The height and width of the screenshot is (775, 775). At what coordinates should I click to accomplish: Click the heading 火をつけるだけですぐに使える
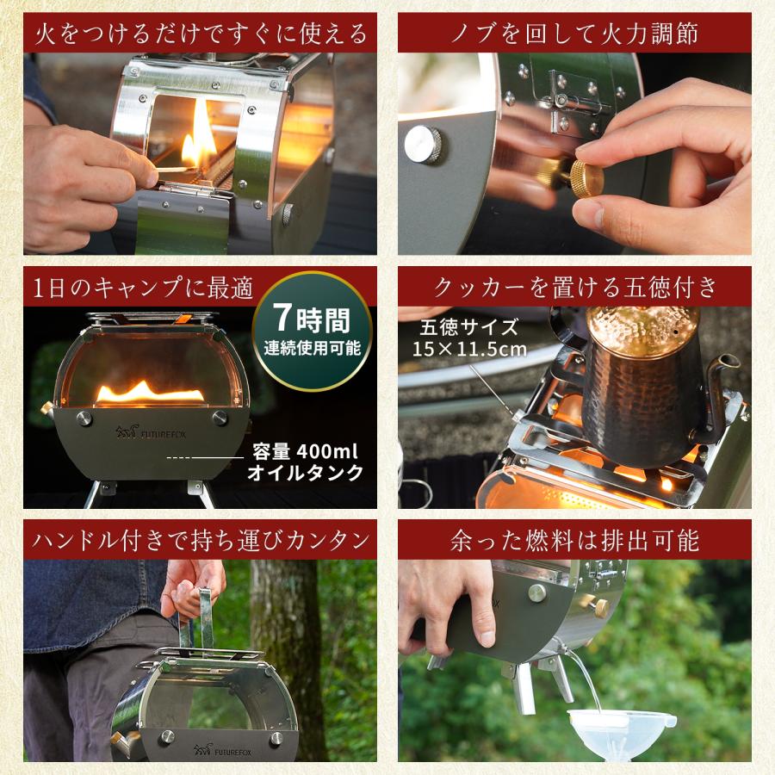tap(200, 34)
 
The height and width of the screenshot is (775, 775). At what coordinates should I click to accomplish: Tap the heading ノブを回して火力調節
tap(574, 34)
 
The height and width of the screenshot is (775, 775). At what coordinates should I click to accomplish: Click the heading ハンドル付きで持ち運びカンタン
tap(200, 540)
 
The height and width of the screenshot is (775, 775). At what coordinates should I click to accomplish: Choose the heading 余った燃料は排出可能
tap(574, 540)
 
